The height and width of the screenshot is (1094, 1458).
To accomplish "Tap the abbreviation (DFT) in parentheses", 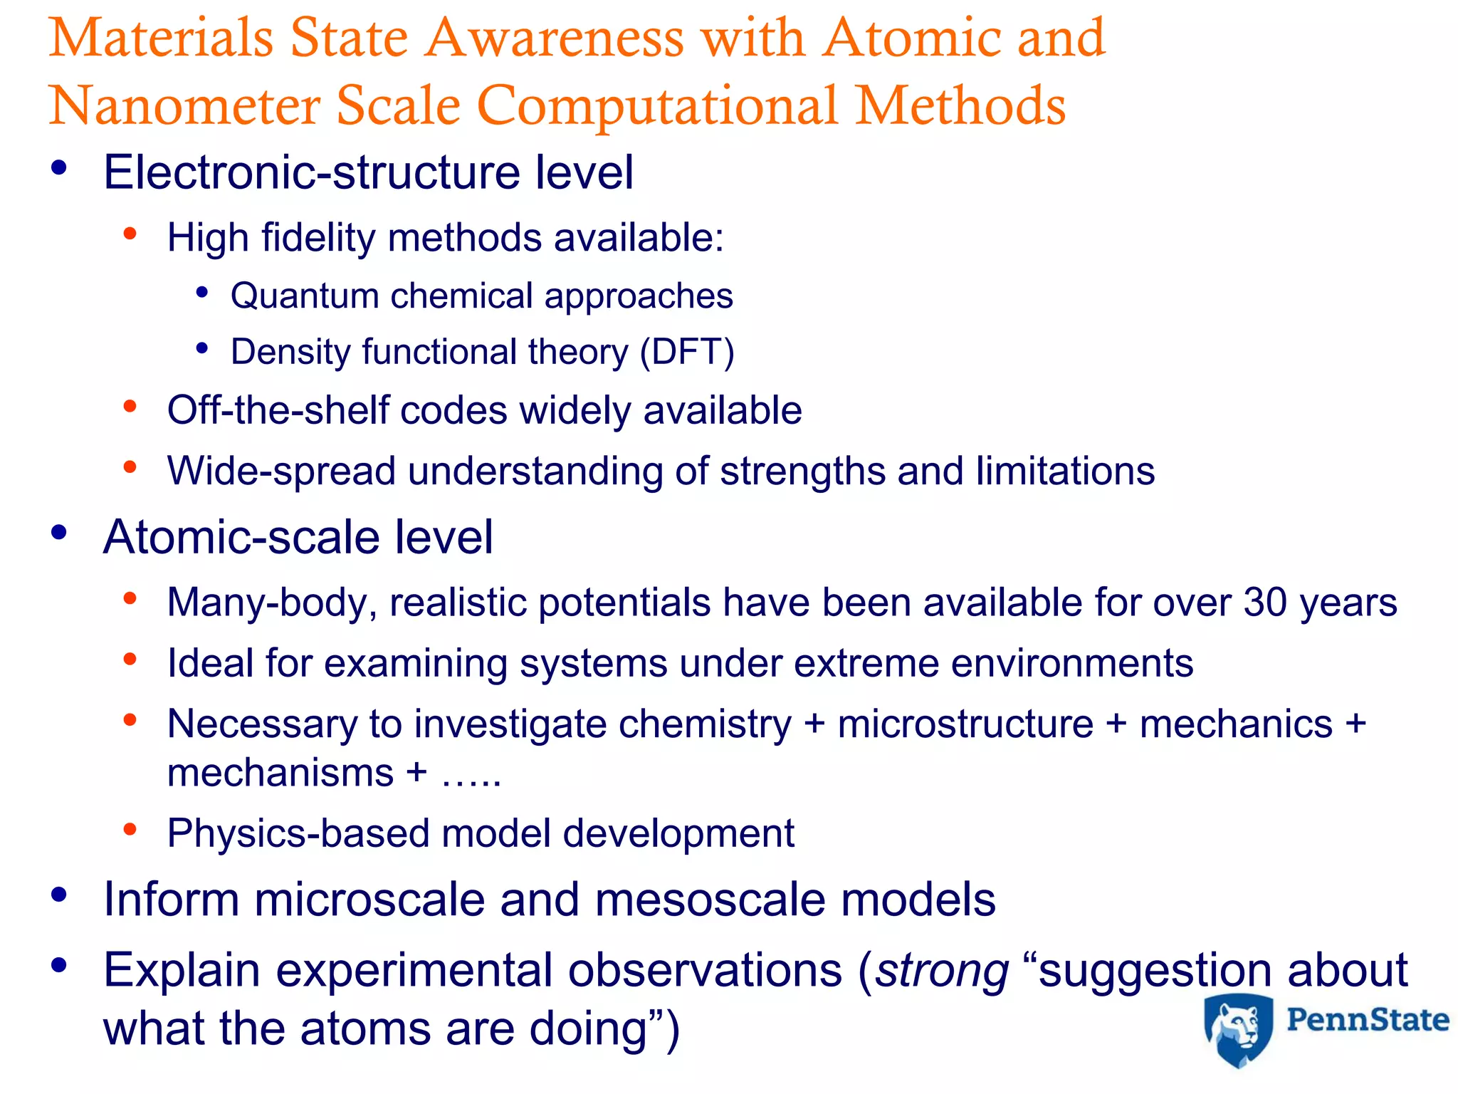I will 686,352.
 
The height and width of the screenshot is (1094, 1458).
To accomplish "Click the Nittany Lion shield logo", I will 1237,1028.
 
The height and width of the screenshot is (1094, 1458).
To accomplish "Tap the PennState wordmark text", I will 1367,1020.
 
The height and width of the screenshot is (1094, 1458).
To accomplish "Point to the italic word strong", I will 942,971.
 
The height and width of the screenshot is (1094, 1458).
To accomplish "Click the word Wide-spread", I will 280,472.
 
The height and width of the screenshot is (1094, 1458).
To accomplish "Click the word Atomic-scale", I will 241,537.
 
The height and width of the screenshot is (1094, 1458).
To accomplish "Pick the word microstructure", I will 965,724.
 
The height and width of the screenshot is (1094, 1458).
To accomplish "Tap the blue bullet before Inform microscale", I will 59,895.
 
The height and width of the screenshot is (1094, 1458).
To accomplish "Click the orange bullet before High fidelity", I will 130,233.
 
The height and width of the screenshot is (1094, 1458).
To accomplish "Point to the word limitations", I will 1064,472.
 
